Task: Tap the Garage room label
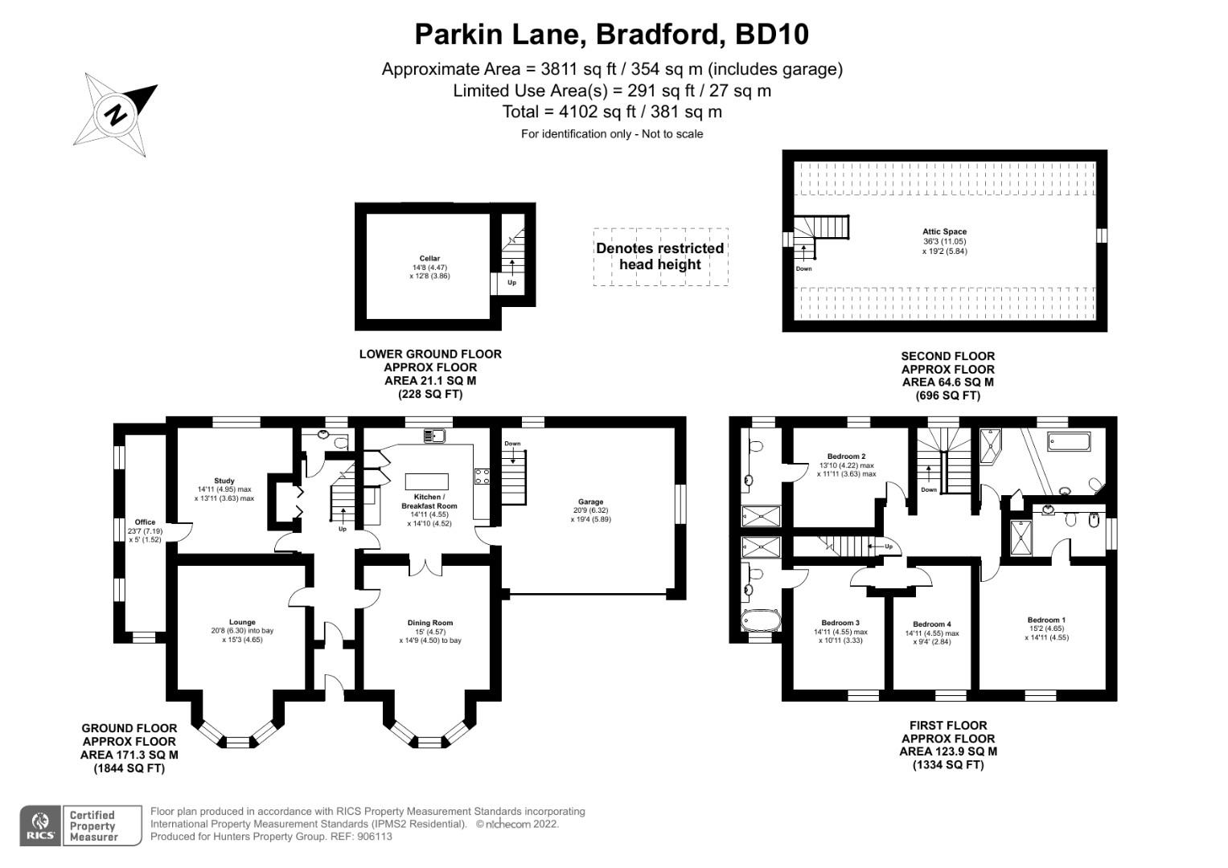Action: [590, 502]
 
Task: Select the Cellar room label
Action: [429, 259]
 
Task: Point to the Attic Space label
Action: [944, 231]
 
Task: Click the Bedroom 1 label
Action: [1046, 620]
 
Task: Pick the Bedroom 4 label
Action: [932, 624]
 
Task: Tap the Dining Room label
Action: [430, 623]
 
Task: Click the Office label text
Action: [145, 522]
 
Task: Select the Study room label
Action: [224, 481]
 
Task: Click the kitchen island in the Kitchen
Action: [426, 481]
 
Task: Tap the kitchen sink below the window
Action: [433, 436]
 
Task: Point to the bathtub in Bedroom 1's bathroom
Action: [1069, 441]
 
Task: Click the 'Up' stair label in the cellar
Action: [511, 283]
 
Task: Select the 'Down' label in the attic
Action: [803, 268]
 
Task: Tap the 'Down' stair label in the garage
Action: [512, 444]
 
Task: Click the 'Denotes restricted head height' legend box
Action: [660, 256]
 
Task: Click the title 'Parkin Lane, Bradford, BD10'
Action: [611, 34]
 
